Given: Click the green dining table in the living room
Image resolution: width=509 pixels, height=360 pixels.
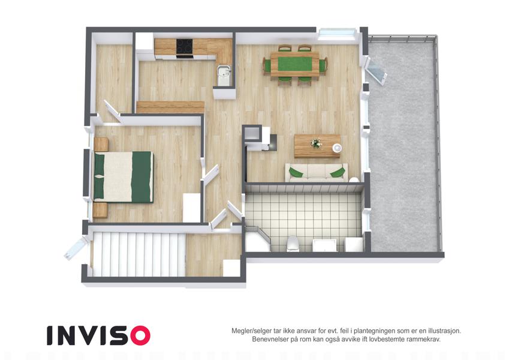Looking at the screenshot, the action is (x=295, y=64).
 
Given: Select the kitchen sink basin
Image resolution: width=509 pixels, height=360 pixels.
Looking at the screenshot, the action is (x=224, y=76).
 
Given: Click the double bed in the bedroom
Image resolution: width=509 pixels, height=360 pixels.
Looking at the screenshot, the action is (x=124, y=177).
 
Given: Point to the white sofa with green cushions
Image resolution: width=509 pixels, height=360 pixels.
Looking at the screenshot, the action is (x=317, y=173).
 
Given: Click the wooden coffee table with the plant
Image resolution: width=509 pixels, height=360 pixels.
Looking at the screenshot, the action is (x=318, y=146).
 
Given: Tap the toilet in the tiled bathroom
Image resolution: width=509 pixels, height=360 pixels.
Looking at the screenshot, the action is (x=293, y=244).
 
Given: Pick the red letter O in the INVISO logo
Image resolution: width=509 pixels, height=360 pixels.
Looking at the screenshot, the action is (x=140, y=335).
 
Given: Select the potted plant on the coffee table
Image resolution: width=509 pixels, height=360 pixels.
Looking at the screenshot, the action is (x=316, y=143).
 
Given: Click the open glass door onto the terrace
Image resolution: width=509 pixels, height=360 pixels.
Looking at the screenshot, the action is (x=377, y=71).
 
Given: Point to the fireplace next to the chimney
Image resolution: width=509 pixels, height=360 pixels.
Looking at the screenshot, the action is (x=269, y=143).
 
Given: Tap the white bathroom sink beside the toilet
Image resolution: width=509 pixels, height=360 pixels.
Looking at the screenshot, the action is (x=324, y=245).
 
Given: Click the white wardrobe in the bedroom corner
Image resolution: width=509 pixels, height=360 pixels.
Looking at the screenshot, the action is (x=191, y=208).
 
